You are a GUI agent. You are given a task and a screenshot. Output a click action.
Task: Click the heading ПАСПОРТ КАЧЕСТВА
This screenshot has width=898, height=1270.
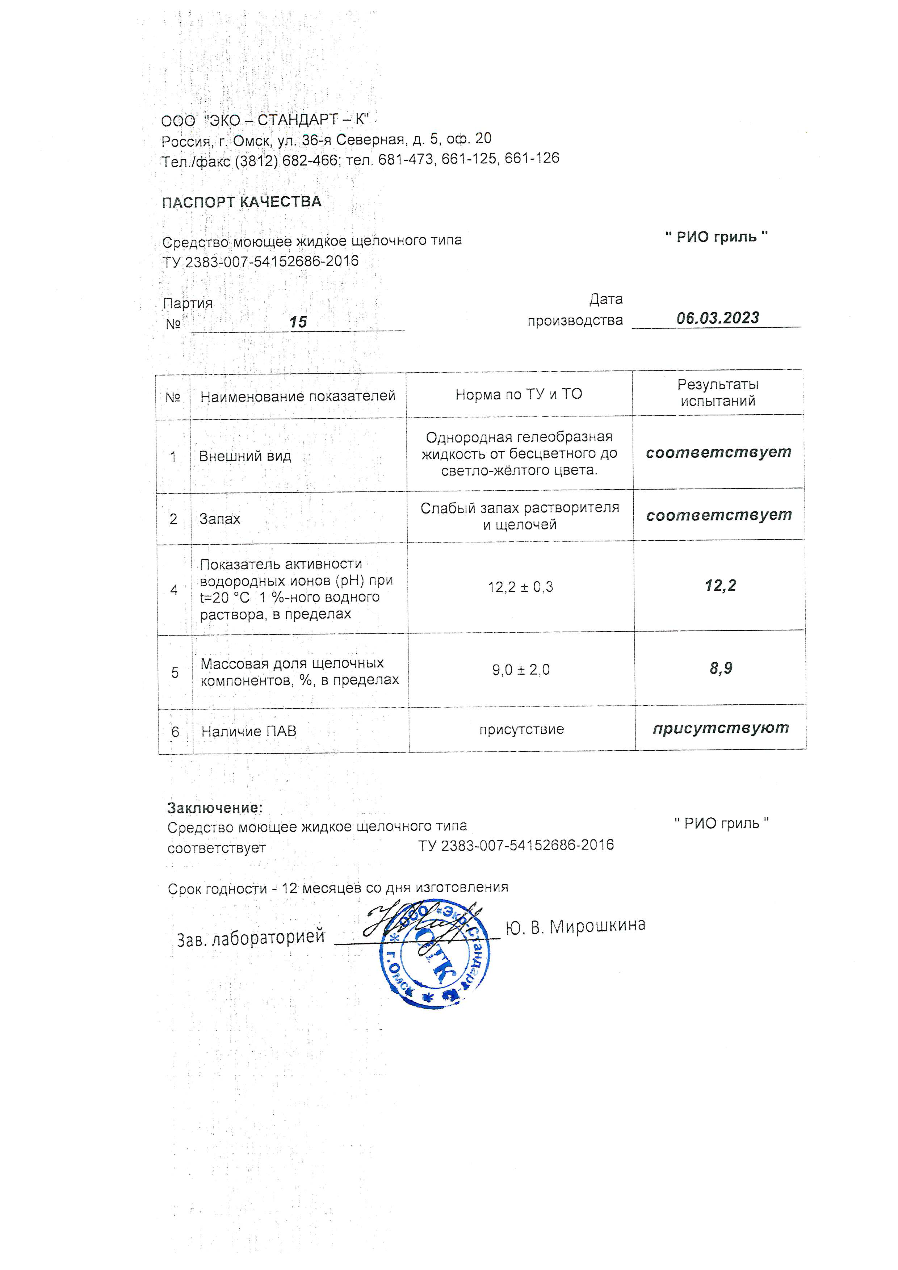tap(242, 202)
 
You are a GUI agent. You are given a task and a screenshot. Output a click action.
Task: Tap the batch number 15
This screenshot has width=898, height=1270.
tap(298, 322)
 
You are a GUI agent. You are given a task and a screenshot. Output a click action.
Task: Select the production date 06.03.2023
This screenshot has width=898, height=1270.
tap(718, 318)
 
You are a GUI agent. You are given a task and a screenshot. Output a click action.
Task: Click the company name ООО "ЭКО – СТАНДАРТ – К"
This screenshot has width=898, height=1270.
tap(265, 120)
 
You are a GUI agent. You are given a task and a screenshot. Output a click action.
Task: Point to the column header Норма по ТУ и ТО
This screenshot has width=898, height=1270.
tap(519, 394)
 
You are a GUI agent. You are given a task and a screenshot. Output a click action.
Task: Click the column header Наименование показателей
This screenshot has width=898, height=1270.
tap(298, 396)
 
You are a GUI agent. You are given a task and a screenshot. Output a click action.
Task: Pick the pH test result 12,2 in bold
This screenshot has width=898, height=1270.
tap(720, 585)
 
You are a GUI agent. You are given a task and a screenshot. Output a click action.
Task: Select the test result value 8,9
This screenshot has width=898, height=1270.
tap(721, 668)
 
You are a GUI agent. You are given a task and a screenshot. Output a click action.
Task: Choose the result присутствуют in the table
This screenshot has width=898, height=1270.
tap(721, 728)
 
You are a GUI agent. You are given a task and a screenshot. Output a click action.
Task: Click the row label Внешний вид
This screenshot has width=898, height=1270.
tap(245, 456)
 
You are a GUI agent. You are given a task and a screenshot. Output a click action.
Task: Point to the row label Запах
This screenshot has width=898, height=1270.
tap(219, 519)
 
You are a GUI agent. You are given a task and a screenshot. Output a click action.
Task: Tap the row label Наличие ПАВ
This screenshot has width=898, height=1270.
tap(249, 731)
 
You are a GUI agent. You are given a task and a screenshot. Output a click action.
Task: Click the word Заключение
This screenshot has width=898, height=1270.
tap(215, 808)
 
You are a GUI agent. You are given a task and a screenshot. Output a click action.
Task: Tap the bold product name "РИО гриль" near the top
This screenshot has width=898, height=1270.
tap(716, 237)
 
